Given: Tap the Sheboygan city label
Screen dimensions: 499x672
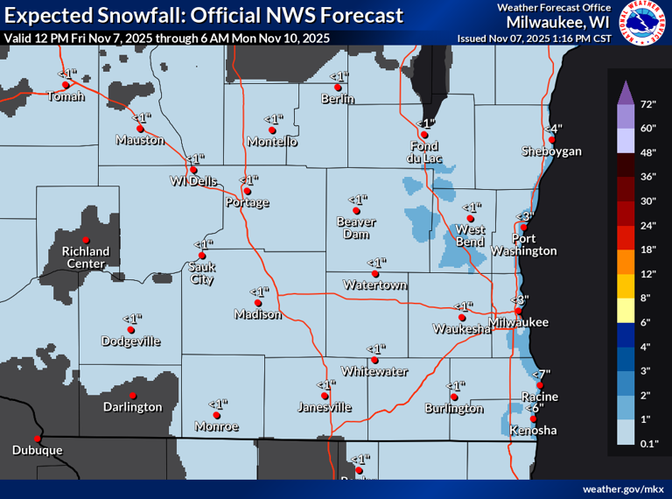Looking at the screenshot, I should click(551, 151).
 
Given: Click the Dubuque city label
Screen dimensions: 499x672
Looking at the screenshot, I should click(37, 450).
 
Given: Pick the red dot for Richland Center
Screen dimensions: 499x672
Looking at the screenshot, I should click(86, 240).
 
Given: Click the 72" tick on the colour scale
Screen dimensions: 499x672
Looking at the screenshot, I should click(647, 104).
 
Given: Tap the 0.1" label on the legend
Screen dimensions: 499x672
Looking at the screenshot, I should click(648, 446).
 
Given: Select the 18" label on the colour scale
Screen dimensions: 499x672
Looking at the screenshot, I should click(647, 250).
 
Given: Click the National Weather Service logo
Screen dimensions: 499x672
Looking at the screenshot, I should click(641, 23).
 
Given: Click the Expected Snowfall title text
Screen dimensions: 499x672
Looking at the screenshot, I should click(204, 15).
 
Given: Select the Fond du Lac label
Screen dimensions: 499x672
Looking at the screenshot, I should click(424, 151).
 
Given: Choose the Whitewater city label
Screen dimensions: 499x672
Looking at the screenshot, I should click(374, 371).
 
